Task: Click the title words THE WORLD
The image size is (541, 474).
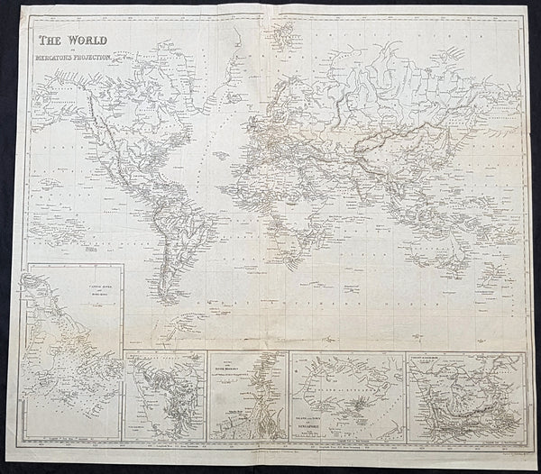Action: [x=70, y=41]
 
